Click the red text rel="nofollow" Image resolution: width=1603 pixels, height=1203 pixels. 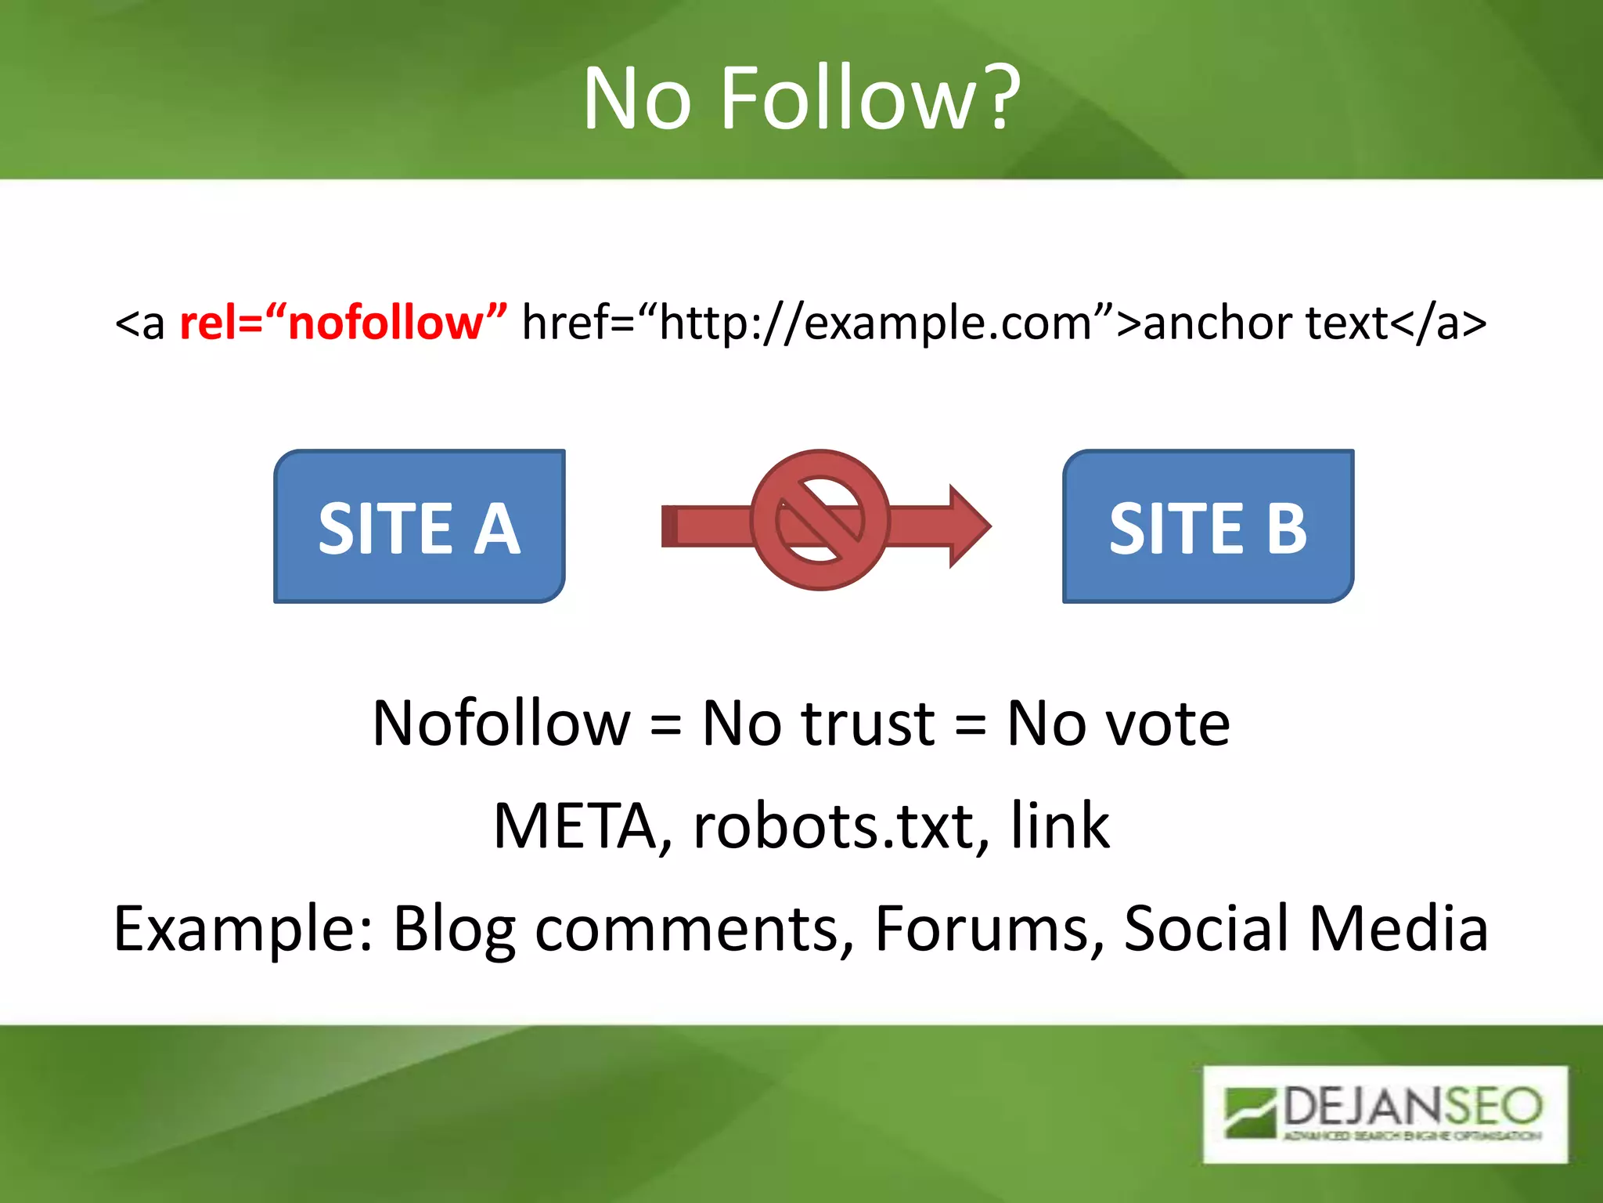click(343, 322)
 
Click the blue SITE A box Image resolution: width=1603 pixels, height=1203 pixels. click(420, 526)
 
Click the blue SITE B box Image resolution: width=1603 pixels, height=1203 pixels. click(1208, 526)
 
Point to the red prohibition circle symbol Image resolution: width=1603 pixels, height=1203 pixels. click(820, 520)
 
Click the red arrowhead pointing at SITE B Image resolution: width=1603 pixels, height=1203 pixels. click(967, 526)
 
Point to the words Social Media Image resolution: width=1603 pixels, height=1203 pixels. click(1306, 929)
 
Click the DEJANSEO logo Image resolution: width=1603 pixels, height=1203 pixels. click(1385, 1113)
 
